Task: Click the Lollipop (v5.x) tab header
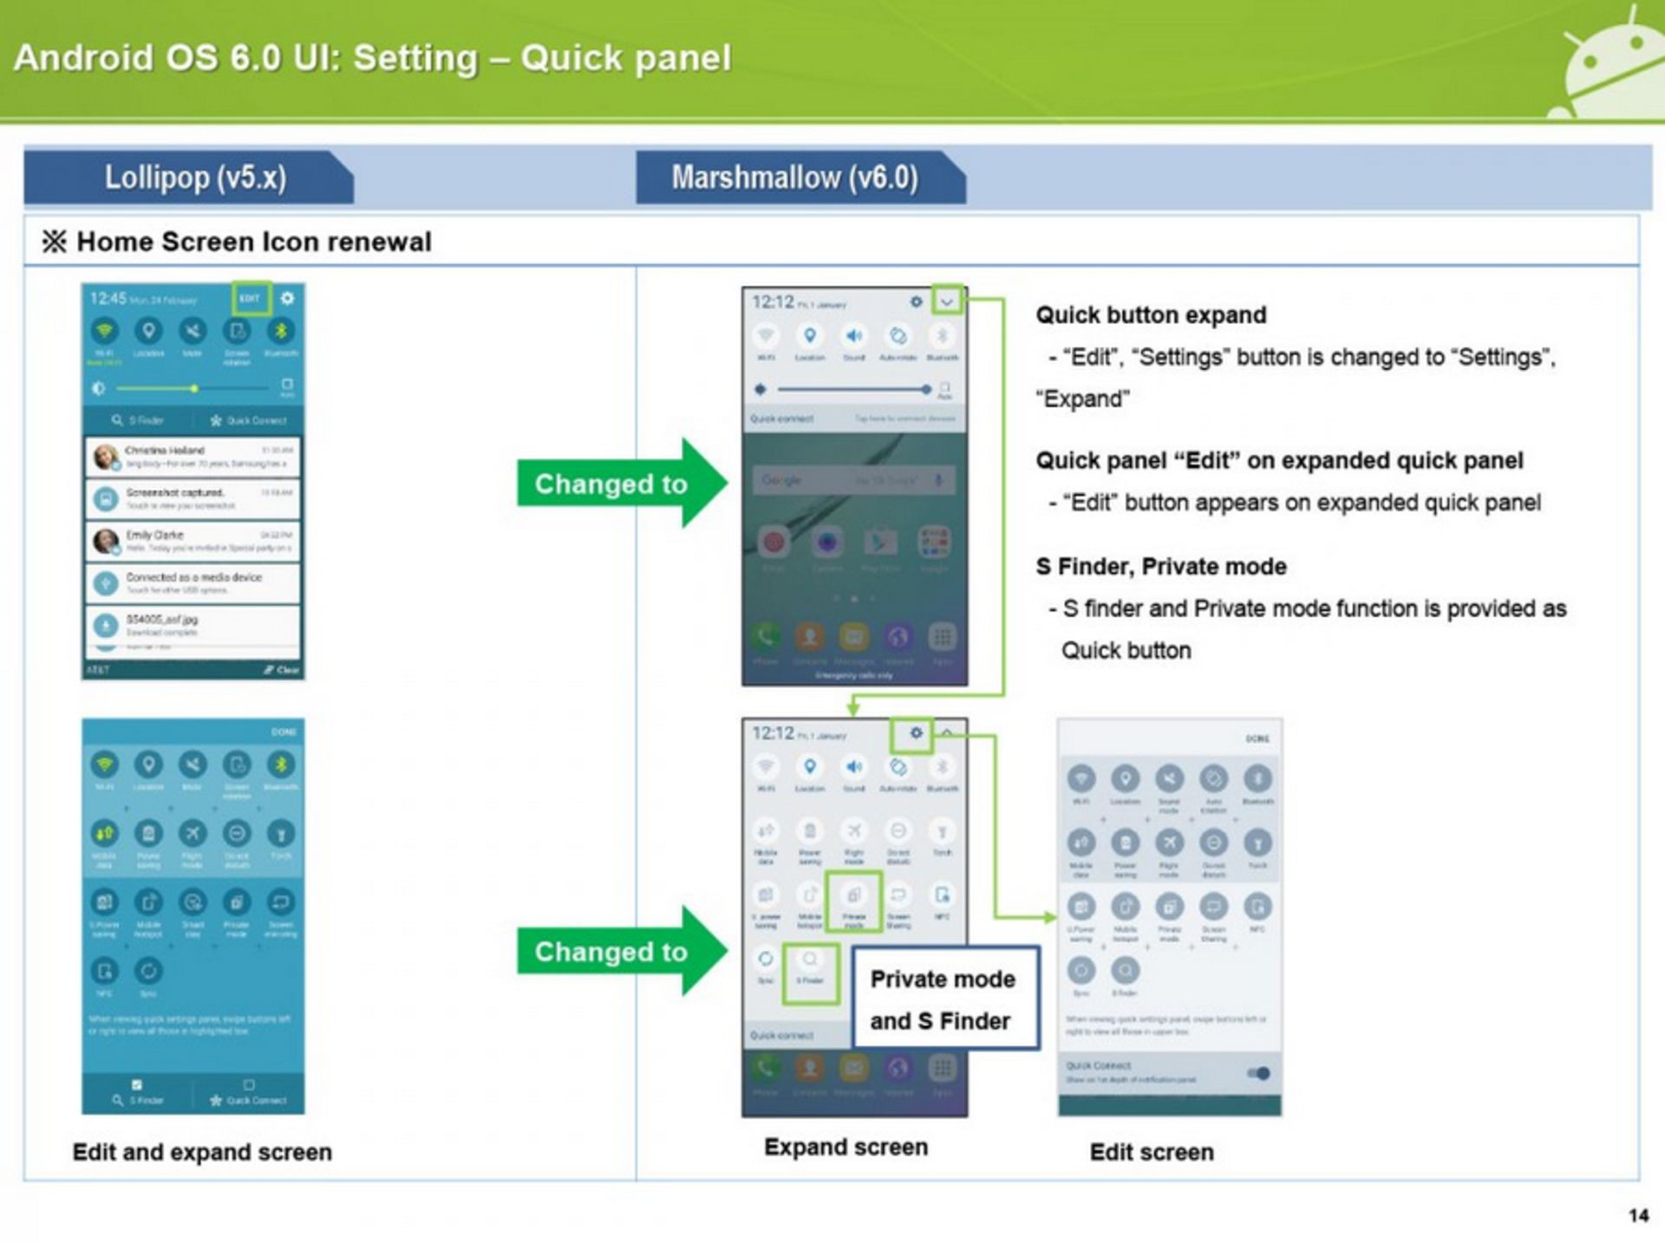194,178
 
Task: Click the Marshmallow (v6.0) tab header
794,178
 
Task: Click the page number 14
1638,1215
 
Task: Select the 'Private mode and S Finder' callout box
944,999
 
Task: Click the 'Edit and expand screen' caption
202,1152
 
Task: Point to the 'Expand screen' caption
846,1147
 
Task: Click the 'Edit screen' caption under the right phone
1152,1152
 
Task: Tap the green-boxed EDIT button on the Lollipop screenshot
251,298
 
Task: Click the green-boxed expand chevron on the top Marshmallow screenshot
947,302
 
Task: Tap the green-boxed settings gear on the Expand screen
915,734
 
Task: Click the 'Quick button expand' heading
1151,315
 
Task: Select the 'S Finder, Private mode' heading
1160,567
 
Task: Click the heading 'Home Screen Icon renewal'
253,242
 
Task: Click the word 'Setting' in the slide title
415,58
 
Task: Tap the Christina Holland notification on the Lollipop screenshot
193,457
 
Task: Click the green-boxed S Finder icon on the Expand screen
810,973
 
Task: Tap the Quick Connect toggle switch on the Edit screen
1259,1073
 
